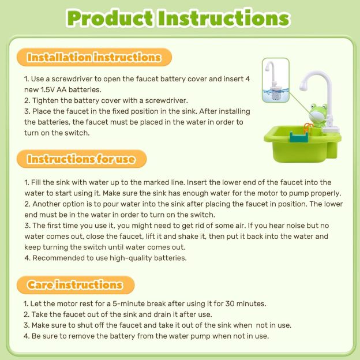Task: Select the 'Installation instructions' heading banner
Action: pos(93,58)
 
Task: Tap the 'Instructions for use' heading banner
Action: pos(81,159)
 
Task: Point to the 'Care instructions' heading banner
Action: pos(75,284)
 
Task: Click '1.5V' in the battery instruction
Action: pos(51,89)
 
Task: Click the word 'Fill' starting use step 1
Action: pos(38,182)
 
